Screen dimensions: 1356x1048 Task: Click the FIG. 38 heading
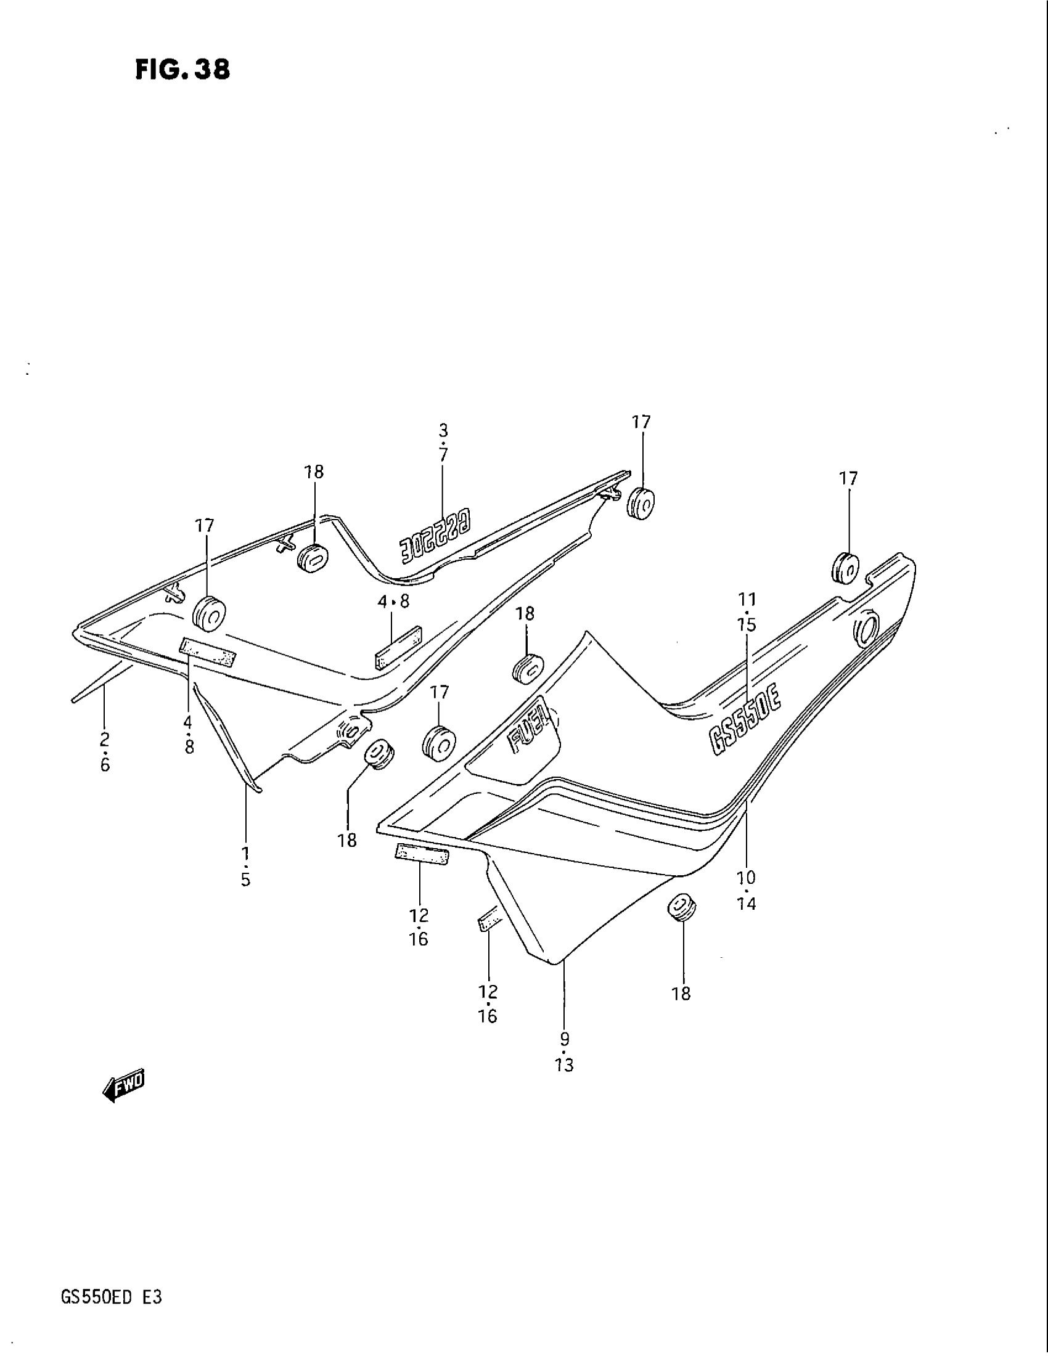click(182, 70)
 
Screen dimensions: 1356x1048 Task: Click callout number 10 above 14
click(747, 877)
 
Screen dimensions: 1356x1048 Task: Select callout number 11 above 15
click(747, 600)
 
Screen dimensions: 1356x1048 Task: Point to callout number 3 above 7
click(443, 430)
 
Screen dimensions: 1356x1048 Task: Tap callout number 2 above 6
click(104, 739)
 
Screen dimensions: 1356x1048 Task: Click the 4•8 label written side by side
click(393, 601)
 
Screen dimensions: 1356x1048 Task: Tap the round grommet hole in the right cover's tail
click(865, 629)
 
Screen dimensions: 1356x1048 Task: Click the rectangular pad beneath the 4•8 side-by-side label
click(398, 647)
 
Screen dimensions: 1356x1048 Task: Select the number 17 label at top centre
click(641, 422)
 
